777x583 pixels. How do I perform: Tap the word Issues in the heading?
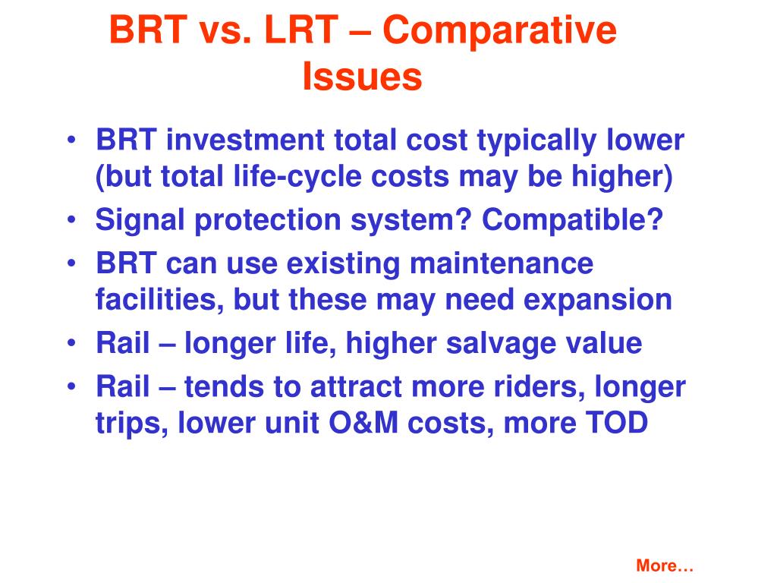click(x=362, y=77)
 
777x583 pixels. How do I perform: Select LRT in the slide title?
click(x=301, y=30)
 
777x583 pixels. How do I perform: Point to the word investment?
click(x=245, y=140)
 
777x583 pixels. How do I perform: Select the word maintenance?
click(x=502, y=263)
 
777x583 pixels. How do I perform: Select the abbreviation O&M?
click(x=363, y=423)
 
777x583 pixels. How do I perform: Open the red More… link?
click(x=665, y=566)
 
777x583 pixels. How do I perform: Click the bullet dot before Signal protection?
click(x=72, y=219)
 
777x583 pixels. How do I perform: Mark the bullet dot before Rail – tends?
click(x=72, y=386)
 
